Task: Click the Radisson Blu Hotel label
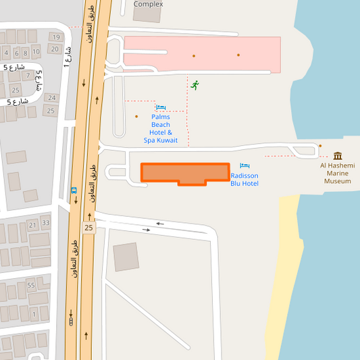point(244,180)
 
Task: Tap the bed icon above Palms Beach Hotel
point(161,107)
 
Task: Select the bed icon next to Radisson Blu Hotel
point(245,165)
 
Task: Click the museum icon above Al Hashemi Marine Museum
point(338,156)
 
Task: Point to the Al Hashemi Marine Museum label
point(338,173)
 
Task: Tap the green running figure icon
point(195,85)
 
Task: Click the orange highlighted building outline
point(184,173)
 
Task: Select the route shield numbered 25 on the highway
point(88,228)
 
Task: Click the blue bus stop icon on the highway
point(73,190)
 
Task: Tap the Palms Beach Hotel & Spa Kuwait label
point(161,128)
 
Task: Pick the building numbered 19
point(55,37)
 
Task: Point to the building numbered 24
point(51,98)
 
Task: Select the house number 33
point(45,222)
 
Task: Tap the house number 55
point(31,286)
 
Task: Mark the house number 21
point(32,225)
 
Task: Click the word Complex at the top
point(148,4)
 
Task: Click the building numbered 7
point(27,76)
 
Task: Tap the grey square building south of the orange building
point(125,257)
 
